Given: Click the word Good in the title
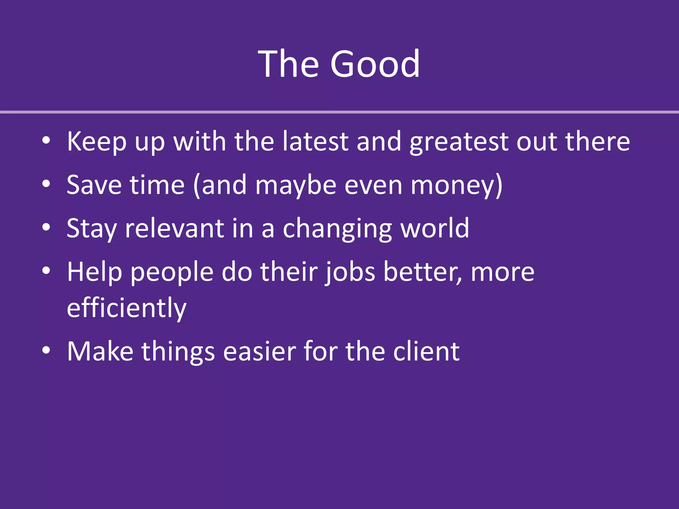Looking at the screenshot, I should pyautogui.click(x=375, y=64).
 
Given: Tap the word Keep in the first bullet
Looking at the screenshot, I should pyautogui.click(x=96, y=142).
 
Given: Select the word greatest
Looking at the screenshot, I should pyautogui.click(x=459, y=142).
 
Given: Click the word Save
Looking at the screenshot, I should pyautogui.click(x=94, y=185).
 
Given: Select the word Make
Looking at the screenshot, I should pyautogui.click(x=100, y=351).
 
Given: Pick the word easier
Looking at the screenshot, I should pyautogui.click(x=259, y=351).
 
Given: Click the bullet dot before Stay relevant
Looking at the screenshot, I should pyautogui.click(x=46, y=227).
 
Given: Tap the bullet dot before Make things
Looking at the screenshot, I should pyautogui.click(x=46, y=350).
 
